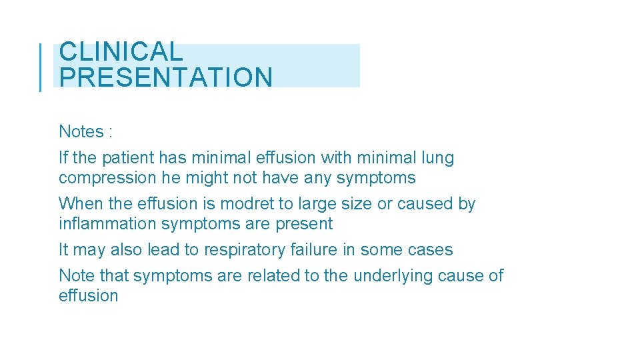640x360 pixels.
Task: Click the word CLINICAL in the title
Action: [x=120, y=52]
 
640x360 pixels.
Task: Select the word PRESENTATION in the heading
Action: [x=165, y=77]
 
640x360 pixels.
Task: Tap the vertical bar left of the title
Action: [x=41, y=66]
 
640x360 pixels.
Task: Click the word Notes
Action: [x=81, y=132]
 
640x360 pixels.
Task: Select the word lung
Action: [x=438, y=158]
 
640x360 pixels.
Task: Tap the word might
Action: [x=205, y=178]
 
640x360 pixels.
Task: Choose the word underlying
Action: [x=393, y=276]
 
